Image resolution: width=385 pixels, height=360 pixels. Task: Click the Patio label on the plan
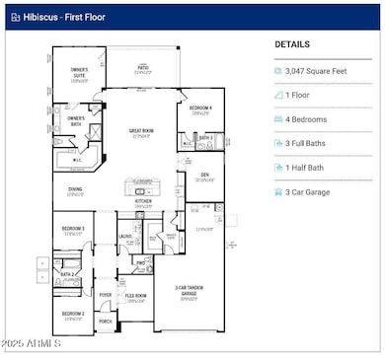click(x=144, y=68)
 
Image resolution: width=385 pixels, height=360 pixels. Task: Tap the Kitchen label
click(x=144, y=201)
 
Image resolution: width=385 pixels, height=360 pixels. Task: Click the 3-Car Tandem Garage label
click(x=188, y=291)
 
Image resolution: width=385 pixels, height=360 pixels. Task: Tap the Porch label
click(x=106, y=322)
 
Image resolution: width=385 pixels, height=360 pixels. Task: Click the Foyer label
click(x=106, y=294)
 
